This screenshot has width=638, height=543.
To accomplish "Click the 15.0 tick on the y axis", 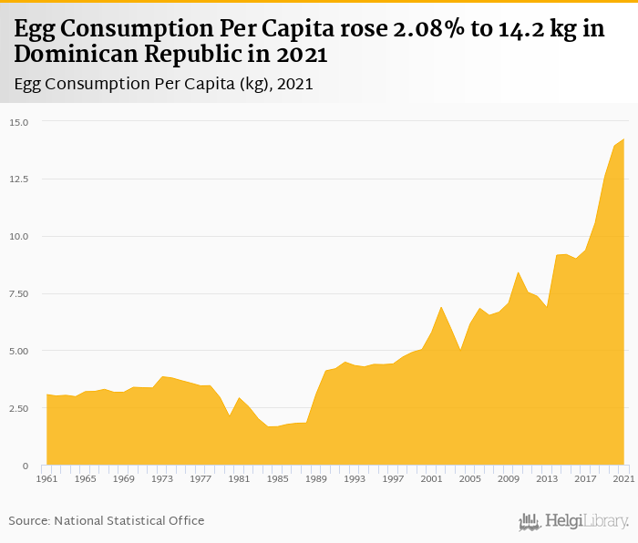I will tap(20, 121).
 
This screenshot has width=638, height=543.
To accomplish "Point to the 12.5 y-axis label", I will tap(20, 179).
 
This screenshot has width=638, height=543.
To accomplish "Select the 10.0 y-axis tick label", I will tap(20, 236).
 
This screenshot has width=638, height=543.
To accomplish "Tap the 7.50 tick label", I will tap(20, 293).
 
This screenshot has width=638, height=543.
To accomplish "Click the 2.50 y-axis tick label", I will tap(20, 408).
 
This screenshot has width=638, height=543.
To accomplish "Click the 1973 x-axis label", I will tap(162, 478).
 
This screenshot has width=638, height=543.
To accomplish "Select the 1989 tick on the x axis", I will tap(316, 478).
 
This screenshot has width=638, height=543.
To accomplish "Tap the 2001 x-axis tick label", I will tap(432, 478).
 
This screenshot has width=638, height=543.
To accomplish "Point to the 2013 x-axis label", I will tap(547, 478).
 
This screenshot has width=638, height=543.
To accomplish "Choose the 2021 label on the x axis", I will tap(623, 478).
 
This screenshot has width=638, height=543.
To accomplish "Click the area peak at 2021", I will tap(624, 139).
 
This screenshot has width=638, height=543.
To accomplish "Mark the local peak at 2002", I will tap(441, 307).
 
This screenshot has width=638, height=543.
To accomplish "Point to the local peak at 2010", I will tap(519, 271).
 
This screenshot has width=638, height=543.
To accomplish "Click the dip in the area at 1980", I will tap(230, 415).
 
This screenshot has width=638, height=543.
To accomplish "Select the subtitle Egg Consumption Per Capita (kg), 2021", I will tap(164, 84).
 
